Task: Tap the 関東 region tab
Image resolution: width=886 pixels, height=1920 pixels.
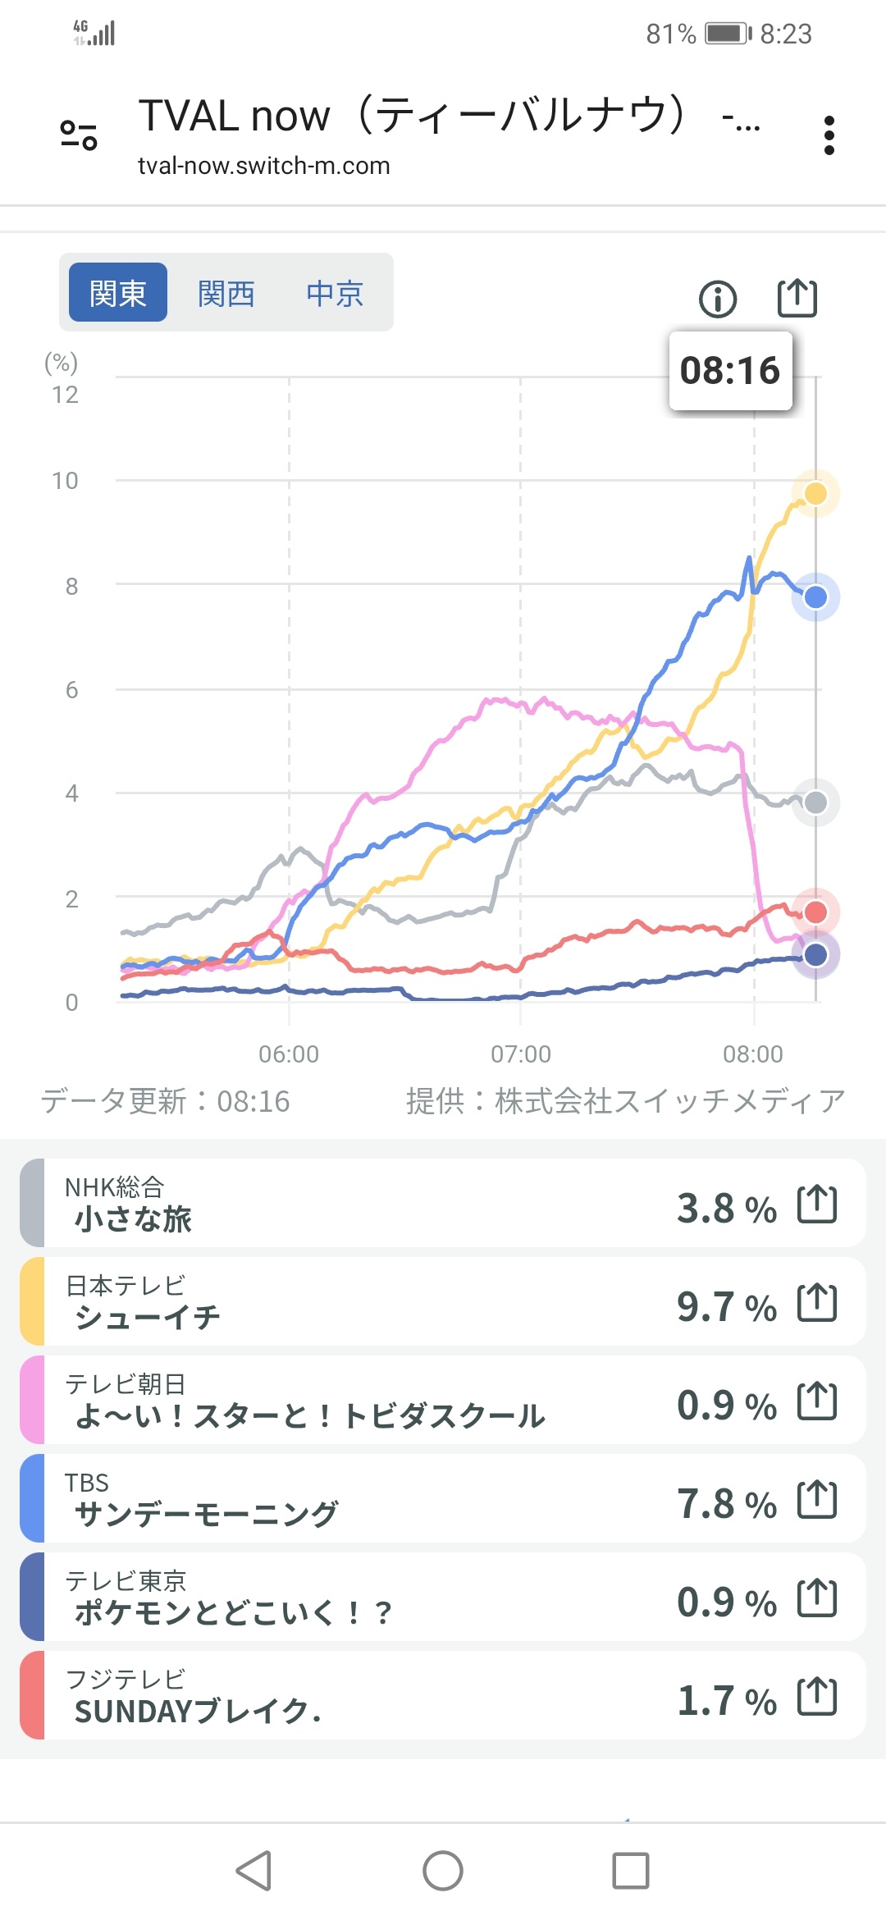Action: pos(118,293)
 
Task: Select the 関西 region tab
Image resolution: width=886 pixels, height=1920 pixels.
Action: pos(226,293)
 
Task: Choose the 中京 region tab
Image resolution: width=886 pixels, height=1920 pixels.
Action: pos(335,293)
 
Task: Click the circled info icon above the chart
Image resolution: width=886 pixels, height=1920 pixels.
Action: pos(718,299)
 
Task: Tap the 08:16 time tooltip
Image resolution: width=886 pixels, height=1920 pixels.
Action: pos(730,371)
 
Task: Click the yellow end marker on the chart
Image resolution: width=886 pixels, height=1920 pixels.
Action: pos(815,493)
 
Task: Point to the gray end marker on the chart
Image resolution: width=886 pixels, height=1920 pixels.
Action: pos(815,802)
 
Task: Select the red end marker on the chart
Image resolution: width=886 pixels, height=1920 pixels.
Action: pos(815,912)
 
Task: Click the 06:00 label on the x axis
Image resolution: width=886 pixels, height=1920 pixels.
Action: pos(289,1054)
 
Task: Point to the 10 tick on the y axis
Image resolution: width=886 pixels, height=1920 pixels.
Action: pos(65,481)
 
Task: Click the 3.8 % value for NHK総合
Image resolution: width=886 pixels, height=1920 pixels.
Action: pos(726,1209)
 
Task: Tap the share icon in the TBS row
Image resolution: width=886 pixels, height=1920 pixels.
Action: pos(817,1500)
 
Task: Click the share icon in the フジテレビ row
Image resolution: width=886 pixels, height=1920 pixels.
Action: pos(817,1697)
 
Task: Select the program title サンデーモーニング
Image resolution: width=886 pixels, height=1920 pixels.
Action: pos(206,1514)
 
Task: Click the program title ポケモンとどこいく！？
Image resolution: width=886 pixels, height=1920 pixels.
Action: pos(233,1612)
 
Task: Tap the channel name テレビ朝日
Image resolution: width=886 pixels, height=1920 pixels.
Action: pos(126,1384)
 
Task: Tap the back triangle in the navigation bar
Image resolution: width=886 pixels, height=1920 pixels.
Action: pos(253,1871)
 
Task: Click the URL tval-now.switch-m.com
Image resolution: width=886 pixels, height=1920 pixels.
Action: pos(263,166)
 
